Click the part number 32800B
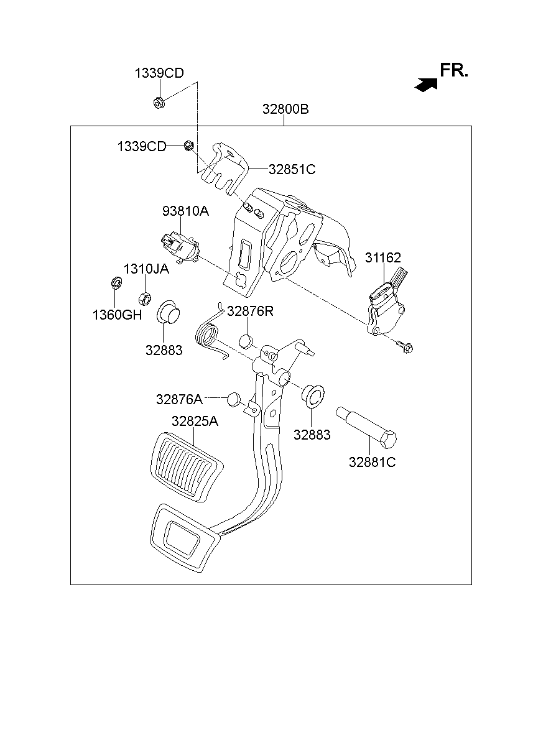[285, 109]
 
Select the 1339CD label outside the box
[159, 73]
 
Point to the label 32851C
[292, 169]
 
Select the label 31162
[382, 257]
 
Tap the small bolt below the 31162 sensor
[405, 348]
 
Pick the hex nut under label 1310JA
[143, 298]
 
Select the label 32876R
[250, 311]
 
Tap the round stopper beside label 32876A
[233, 399]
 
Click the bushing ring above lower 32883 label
[313, 395]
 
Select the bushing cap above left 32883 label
[167, 312]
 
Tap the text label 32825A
[195, 421]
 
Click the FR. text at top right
[453, 71]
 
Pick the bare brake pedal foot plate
[182, 537]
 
